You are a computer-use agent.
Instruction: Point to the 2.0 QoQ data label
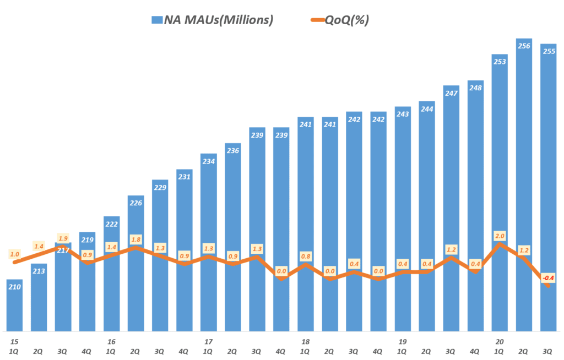click(x=500, y=235)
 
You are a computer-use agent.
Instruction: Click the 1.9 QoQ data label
click(x=63, y=238)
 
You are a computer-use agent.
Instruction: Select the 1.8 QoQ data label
click(x=136, y=239)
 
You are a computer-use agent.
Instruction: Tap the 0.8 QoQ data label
click(x=306, y=256)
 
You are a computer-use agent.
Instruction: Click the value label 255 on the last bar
click(x=549, y=51)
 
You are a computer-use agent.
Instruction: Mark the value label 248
click(x=475, y=88)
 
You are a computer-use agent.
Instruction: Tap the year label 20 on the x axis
click(x=500, y=341)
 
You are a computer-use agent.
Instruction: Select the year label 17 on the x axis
click(x=209, y=341)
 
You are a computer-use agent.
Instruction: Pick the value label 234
click(x=209, y=161)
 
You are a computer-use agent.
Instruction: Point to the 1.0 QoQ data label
click(x=15, y=254)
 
